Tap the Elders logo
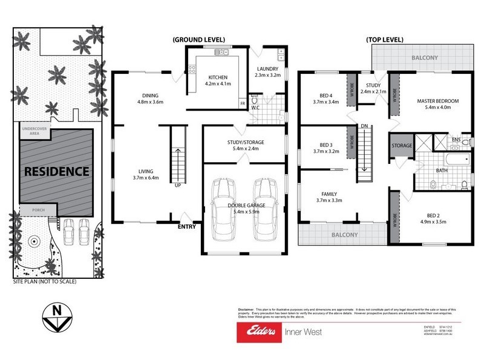click(260, 332)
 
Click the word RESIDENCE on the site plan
click(56, 171)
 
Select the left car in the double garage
click(223, 207)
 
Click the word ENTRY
click(186, 227)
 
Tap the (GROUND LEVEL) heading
click(197, 40)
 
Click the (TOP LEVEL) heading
click(385, 40)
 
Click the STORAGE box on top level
click(402, 146)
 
